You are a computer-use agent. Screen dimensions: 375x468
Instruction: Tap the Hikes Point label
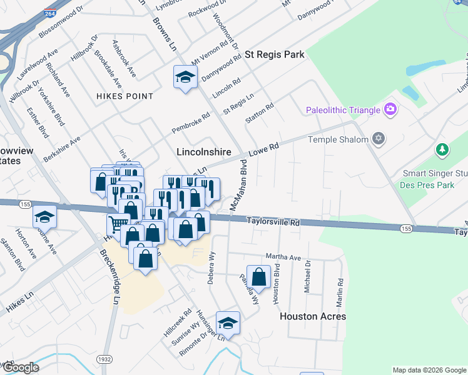[x=125, y=96]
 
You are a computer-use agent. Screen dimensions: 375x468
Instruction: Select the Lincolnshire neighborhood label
[x=204, y=152]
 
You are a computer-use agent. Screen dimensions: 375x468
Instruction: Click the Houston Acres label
[x=313, y=316]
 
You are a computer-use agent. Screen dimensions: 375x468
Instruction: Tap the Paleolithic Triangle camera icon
[x=391, y=110]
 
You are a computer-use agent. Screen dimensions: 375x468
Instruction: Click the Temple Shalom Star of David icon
[x=378, y=139]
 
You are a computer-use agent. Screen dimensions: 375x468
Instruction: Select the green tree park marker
[x=442, y=150]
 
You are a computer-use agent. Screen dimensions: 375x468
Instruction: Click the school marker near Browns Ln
[x=185, y=77]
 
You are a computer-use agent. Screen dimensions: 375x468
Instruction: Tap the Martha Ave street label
[x=283, y=257]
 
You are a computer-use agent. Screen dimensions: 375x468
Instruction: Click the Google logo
[x=20, y=368]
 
